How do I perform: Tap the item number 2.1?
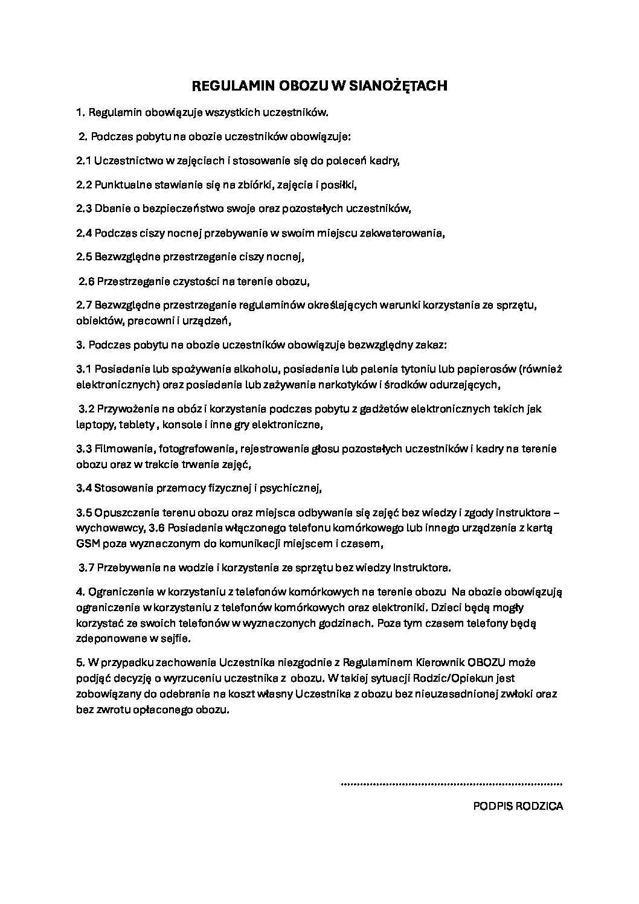pyautogui.click(x=84, y=161)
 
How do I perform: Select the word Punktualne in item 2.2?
pyautogui.click(x=120, y=185)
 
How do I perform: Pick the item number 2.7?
pyautogui.click(x=84, y=305)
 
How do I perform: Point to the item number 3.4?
pyautogui.click(x=84, y=488)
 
